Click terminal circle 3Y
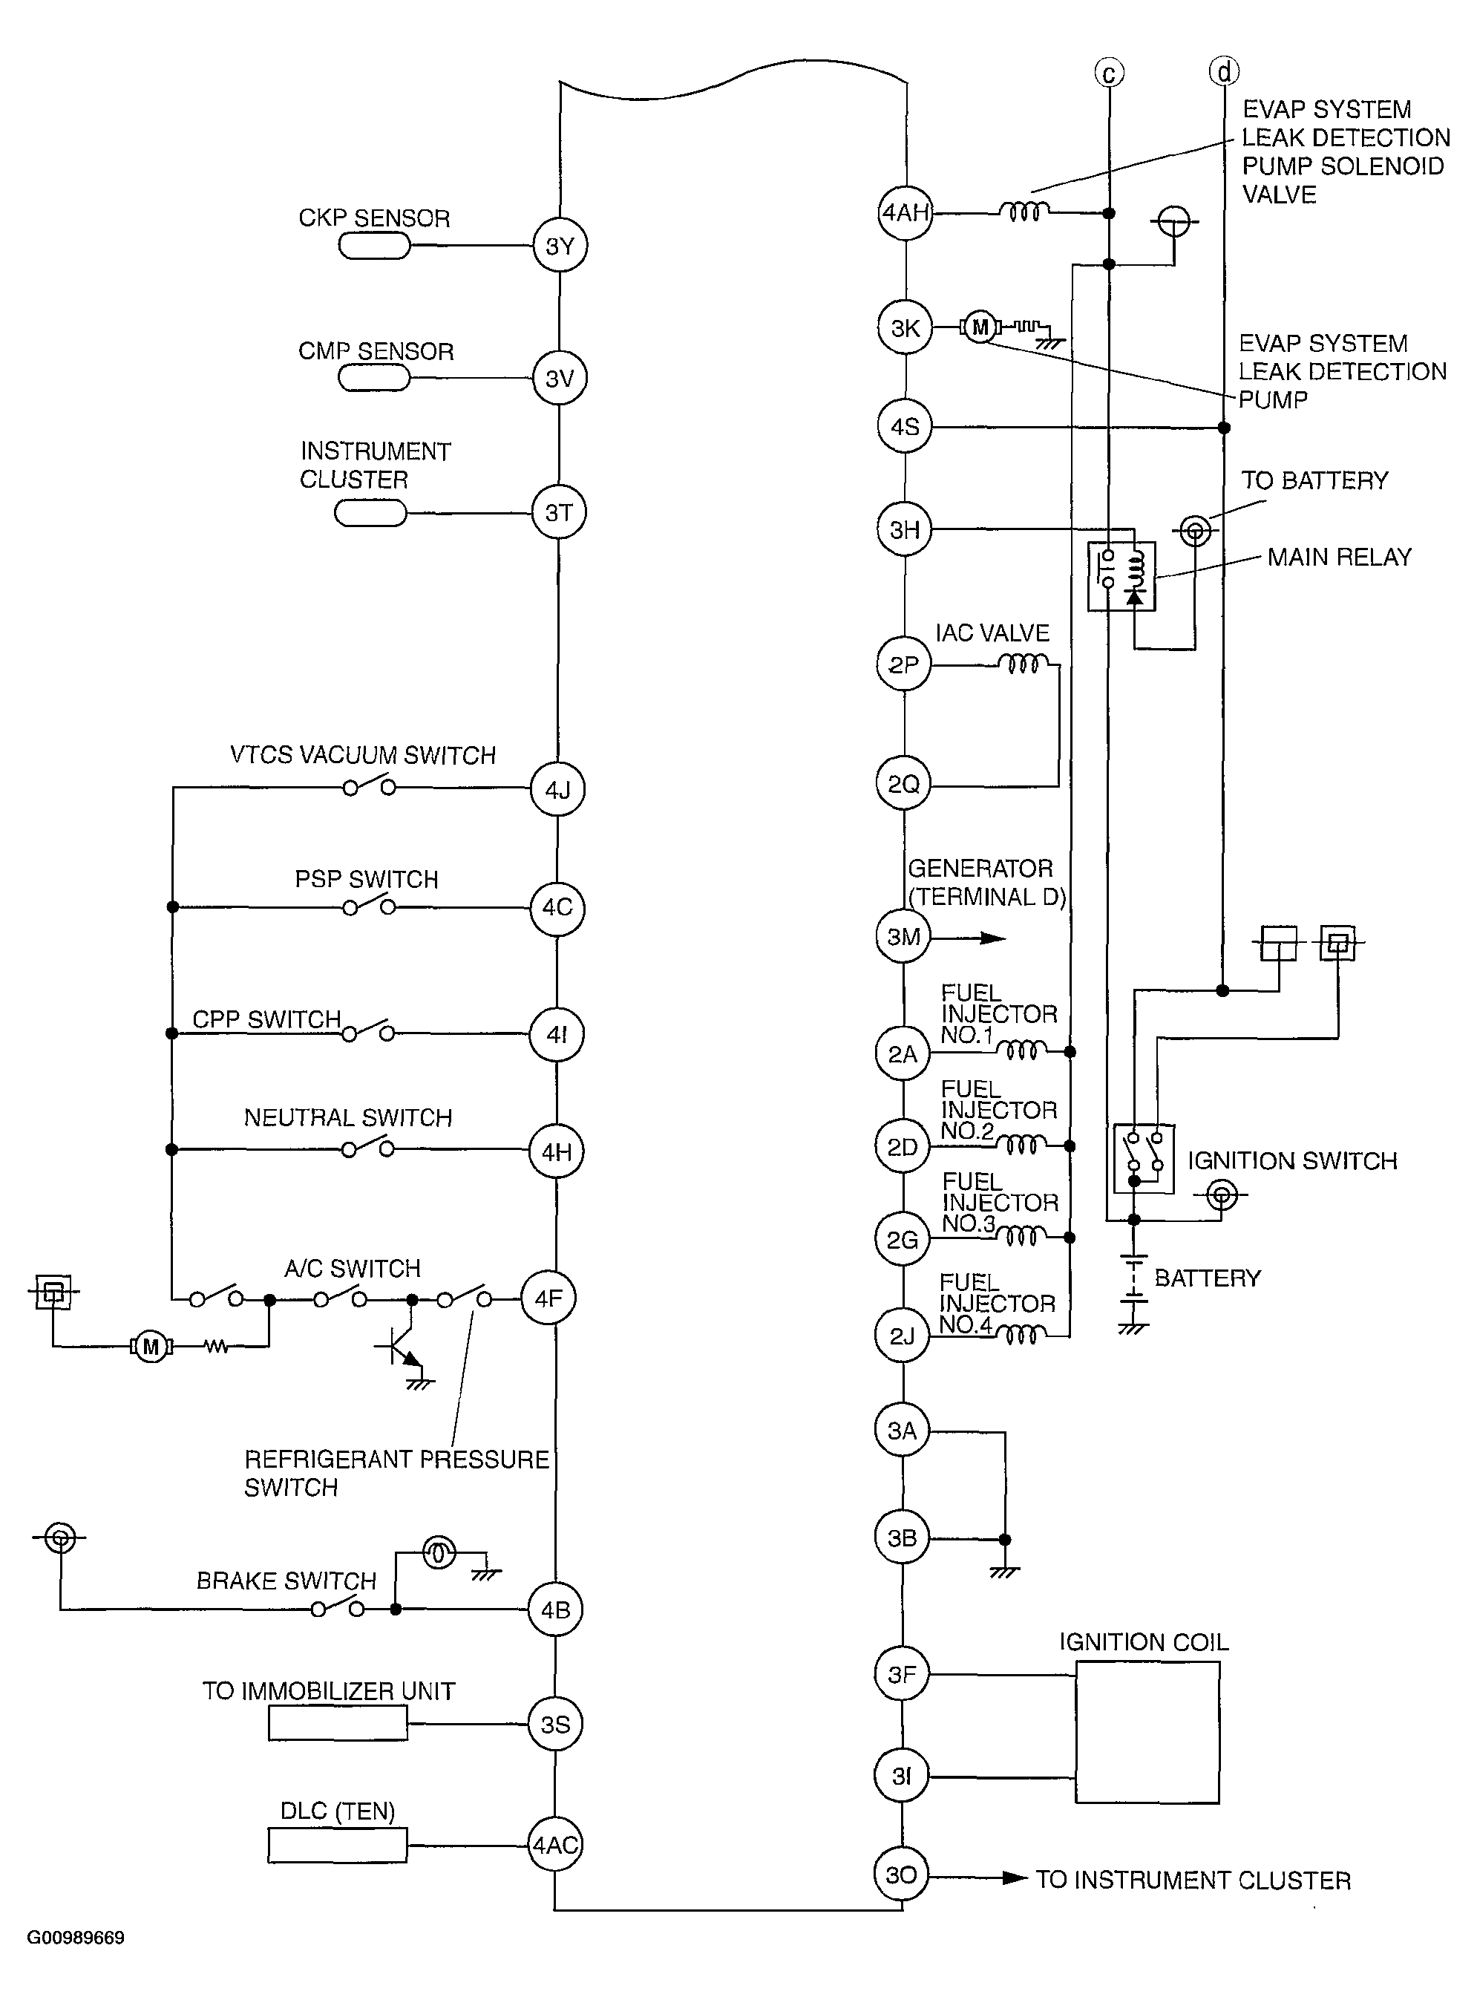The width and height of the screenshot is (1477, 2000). pyautogui.click(x=560, y=246)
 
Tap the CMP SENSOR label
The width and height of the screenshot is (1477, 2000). pyautogui.click(x=376, y=351)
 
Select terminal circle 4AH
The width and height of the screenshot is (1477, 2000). pyautogui.click(x=905, y=213)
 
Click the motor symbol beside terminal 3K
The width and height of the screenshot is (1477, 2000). pyautogui.click(x=980, y=327)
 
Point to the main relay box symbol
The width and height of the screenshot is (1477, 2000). pyautogui.click(x=1121, y=577)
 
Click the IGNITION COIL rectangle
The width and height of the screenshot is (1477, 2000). pyautogui.click(x=1147, y=1732)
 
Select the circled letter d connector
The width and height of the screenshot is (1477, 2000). pyautogui.click(x=1224, y=71)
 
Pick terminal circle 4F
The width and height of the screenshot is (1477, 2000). pyautogui.click(x=548, y=1298)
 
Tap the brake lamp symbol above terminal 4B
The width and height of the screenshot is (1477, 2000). pyautogui.click(x=439, y=1553)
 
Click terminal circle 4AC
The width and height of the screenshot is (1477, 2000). pyautogui.click(x=555, y=1844)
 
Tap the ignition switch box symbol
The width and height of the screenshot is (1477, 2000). pyautogui.click(x=1144, y=1159)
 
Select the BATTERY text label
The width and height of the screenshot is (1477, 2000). pyautogui.click(x=1207, y=1278)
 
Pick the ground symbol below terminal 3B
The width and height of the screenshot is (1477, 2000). pyautogui.click(x=1004, y=1572)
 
